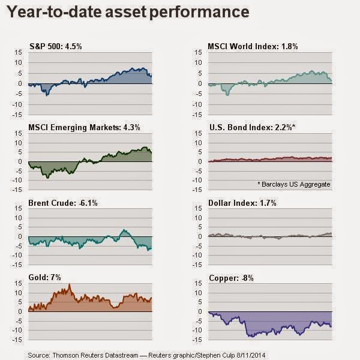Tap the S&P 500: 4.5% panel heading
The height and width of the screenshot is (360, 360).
click(55, 46)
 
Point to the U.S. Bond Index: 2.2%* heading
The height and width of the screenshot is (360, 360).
click(246, 127)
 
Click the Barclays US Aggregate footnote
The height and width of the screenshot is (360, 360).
click(294, 183)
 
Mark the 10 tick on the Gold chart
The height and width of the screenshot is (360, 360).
click(19, 293)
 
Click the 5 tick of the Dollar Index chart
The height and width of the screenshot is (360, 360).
click(200, 227)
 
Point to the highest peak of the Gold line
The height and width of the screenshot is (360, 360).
click(69, 284)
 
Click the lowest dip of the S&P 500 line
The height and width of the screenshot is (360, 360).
click(47, 95)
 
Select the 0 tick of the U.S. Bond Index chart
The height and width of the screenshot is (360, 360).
click(200, 161)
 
